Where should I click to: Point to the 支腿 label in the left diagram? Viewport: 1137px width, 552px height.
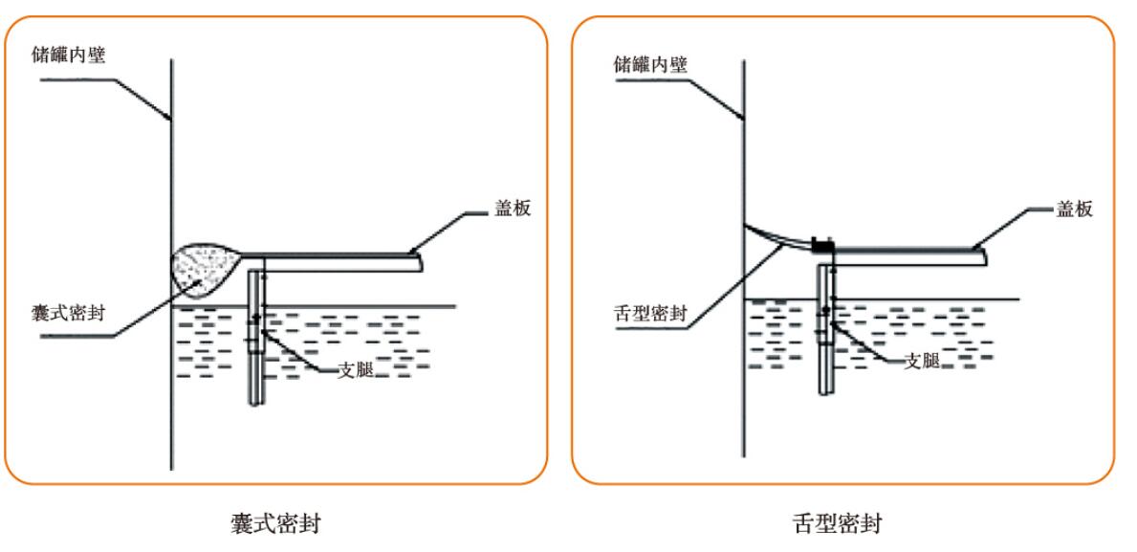(x=356, y=369)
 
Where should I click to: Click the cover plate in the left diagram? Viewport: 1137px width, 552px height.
(x=335, y=261)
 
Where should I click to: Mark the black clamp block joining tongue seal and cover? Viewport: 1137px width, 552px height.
(x=821, y=246)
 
